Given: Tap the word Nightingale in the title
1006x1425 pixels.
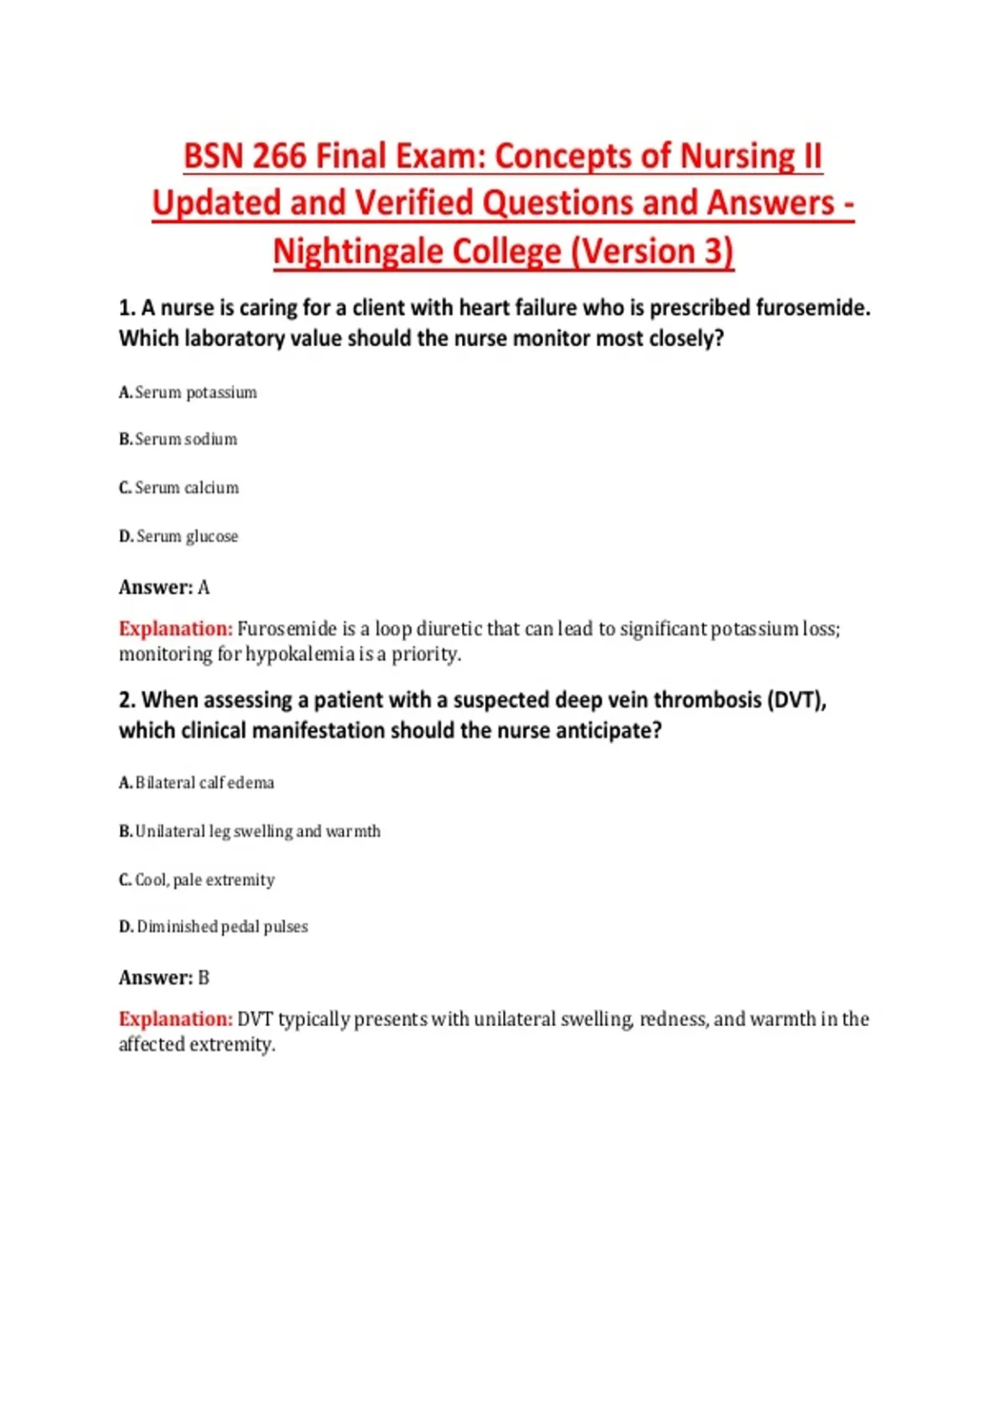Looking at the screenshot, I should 417,251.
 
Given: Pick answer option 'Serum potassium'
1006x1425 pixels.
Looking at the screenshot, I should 196,392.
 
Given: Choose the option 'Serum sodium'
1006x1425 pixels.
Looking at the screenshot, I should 186,439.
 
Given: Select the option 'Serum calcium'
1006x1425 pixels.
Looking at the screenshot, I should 187,488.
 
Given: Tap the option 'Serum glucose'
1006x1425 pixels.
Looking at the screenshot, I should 187,536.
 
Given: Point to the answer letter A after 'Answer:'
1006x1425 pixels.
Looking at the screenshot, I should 204,588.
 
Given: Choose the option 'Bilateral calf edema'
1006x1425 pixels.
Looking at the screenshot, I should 205,783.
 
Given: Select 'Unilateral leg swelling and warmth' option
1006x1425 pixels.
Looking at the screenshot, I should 257,832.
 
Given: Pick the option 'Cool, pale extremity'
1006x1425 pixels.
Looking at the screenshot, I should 205,880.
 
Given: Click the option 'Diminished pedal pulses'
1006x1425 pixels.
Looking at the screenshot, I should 222,927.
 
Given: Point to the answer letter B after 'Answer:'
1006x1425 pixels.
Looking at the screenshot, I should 204,978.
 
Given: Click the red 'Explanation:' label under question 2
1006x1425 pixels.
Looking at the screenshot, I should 175,1019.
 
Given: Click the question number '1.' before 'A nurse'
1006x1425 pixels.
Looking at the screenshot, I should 127,308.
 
